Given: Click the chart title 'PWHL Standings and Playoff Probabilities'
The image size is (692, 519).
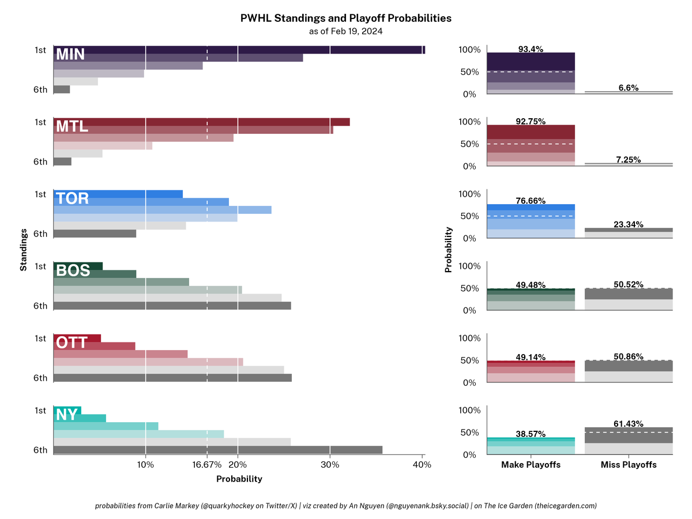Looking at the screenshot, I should click(345, 18).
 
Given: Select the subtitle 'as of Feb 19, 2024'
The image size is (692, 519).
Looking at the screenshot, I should click(345, 31).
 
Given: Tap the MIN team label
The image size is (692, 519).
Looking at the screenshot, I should click(70, 54).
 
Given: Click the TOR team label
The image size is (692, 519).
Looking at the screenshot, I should click(72, 199).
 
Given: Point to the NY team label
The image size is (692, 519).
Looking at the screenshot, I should click(66, 414).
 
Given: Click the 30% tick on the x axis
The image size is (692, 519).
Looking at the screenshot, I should click(329, 465).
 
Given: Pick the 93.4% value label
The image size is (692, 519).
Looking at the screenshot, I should click(531, 49).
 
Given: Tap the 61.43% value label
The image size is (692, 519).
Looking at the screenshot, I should click(629, 423).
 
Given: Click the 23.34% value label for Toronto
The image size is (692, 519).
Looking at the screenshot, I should click(629, 224).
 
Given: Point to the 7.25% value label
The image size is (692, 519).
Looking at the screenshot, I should click(629, 159).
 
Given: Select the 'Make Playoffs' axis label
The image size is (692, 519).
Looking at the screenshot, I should click(531, 465).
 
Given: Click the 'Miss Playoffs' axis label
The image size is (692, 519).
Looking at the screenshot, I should click(629, 465).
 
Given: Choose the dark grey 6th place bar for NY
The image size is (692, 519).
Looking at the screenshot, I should click(217, 450).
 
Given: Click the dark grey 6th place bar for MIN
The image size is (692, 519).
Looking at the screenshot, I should click(62, 89).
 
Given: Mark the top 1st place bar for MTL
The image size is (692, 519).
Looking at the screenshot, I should click(201, 122).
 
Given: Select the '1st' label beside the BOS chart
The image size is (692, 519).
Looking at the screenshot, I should click(40, 266).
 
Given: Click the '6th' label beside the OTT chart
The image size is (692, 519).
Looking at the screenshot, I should click(40, 378).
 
